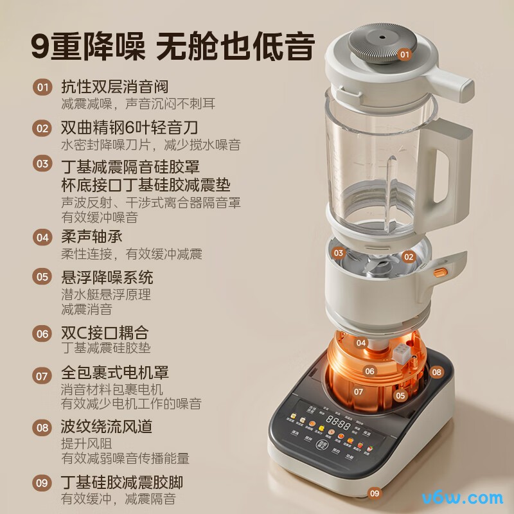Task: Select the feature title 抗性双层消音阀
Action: click(114, 87)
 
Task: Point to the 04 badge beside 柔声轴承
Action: click(42, 237)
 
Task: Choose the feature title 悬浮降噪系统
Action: click(107, 278)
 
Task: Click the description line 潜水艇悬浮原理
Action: click(105, 295)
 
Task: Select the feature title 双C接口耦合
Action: click(104, 333)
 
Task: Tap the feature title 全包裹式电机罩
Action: click(114, 373)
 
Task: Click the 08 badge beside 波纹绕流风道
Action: click(42, 427)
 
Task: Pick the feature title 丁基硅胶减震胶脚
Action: click(125, 481)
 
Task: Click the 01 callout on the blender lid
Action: click(404, 55)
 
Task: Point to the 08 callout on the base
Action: click(437, 371)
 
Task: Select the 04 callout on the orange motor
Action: click(361, 343)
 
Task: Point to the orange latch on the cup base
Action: click(439, 272)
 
